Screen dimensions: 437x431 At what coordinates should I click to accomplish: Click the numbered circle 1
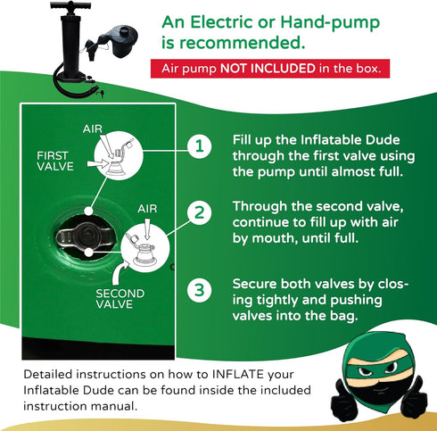click(x=200, y=146)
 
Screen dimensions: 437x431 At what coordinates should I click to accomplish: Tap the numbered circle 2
click(x=200, y=213)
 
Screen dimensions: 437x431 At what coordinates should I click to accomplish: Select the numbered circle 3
click(x=200, y=290)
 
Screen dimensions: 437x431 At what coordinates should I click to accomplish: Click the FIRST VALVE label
click(x=55, y=161)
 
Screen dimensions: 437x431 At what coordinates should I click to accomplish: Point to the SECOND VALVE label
click(x=120, y=299)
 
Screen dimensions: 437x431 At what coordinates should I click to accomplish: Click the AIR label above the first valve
click(x=93, y=129)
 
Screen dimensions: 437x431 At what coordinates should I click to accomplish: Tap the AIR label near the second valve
click(x=147, y=209)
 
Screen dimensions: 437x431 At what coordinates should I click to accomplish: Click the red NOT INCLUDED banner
click(x=270, y=69)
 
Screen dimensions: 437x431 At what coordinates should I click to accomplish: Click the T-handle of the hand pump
click(x=70, y=5)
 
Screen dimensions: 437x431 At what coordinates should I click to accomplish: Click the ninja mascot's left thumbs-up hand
click(x=345, y=395)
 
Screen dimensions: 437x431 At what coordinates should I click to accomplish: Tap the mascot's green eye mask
click(x=377, y=369)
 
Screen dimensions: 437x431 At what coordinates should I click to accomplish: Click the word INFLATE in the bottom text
click(x=238, y=374)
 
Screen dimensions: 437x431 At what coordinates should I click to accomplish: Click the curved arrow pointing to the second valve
click(x=120, y=273)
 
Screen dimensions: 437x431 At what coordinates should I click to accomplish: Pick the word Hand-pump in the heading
click(x=330, y=22)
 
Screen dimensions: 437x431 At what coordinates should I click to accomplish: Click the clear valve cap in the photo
click(x=85, y=236)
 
